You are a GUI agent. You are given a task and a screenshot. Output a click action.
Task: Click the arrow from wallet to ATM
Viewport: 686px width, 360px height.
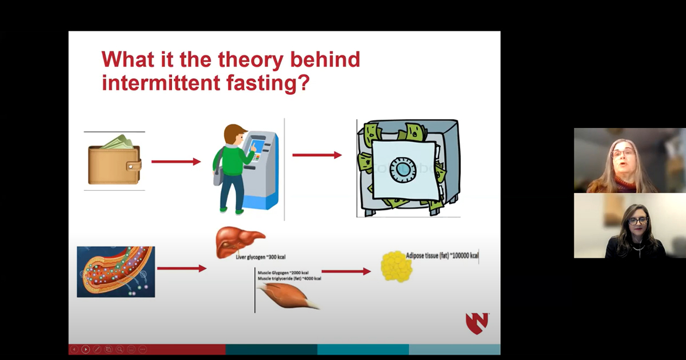[176, 162]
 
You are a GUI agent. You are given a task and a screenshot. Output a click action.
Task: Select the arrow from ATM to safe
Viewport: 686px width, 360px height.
[317, 155]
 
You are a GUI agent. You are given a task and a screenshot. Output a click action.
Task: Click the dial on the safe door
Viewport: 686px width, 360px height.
[405, 170]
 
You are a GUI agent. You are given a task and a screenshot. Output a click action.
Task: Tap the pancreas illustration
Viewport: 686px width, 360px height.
[116, 271]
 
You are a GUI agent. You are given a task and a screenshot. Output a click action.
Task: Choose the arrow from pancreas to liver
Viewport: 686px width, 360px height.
[181, 268]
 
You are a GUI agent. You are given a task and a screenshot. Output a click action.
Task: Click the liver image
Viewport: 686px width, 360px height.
[239, 242]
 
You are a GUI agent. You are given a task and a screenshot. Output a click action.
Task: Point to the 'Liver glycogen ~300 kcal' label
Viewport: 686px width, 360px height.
[261, 257]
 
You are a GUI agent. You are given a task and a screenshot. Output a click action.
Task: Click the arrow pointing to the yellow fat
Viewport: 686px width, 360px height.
[346, 271]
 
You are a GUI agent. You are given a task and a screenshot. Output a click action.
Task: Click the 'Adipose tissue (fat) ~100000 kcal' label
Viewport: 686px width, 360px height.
[442, 255]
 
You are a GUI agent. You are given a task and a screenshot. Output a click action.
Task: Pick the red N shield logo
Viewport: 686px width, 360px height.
[477, 323]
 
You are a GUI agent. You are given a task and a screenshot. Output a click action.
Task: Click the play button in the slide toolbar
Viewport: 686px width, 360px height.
[85, 349]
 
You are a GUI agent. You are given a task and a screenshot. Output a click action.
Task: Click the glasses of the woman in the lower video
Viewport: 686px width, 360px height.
[637, 221]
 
